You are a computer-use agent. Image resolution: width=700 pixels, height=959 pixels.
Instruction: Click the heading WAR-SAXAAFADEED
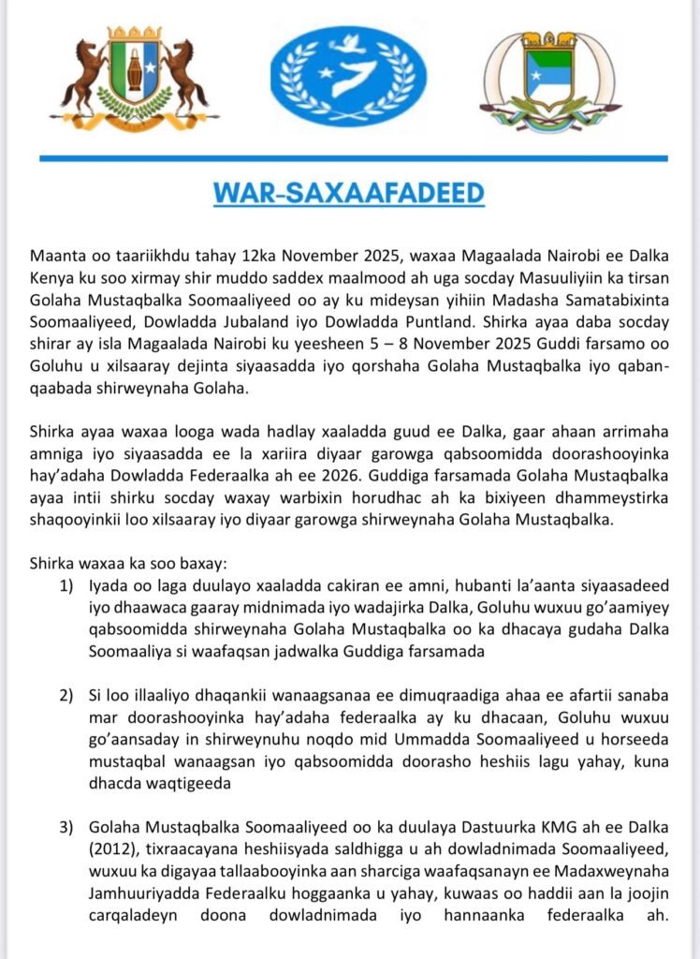click(x=349, y=193)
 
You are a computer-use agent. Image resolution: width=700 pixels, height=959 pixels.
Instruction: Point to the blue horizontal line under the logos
click(x=349, y=158)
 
